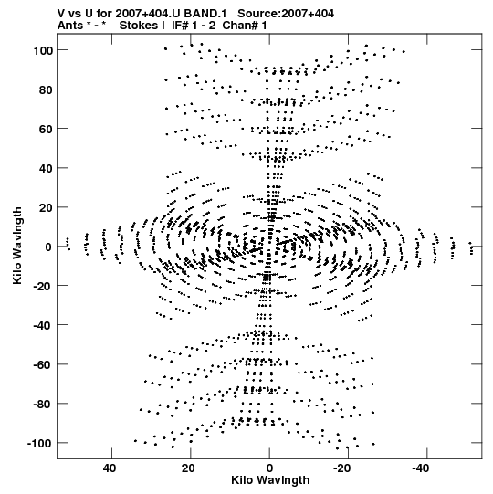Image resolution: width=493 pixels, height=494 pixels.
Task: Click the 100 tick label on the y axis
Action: [x=43, y=50]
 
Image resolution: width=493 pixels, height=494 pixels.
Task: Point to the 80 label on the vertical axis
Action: [x=46, y=89]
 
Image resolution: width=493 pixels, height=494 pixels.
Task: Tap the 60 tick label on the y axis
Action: [x=46, y=129]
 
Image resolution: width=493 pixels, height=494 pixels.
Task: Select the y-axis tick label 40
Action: [x=46, y=168]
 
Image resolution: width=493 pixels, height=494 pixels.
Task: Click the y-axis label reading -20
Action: [x=43, y=286]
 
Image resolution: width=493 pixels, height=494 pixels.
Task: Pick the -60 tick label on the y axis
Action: [x=43, y=365]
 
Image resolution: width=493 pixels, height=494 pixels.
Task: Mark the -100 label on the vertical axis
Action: [x=40, y=443]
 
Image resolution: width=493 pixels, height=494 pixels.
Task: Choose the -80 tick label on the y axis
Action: [x=43, y=404]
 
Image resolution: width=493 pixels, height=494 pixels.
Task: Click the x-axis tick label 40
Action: [x=110, y=468]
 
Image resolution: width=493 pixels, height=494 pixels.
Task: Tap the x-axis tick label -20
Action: [x=341, y=468]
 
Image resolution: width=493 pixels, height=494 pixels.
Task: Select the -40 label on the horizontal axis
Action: [x=421, y=468]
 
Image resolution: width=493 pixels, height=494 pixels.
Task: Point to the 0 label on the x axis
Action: [x=269, y=468]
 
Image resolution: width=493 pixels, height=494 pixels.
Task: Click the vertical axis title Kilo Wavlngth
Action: [x=17, y=246]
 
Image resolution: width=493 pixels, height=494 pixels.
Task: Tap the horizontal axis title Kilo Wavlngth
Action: [x=270, y=480]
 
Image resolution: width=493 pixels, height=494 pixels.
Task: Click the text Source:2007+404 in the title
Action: [x=286, y=14]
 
